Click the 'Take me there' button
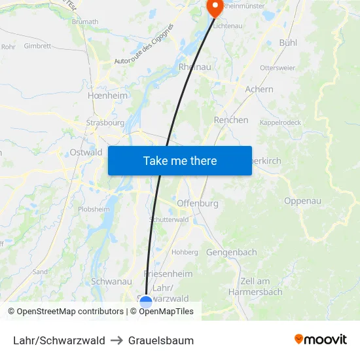[179, 160]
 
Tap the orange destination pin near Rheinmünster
[214, 7]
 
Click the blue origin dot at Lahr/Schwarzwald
[146, 302]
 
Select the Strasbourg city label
[105, 122]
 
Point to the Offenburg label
[198, 204]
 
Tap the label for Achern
[259, 89]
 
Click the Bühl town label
[288, 43]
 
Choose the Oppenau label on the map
[302, 201]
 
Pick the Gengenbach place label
[232, 252]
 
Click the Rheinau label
[194, 67]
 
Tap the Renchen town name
[231, 120]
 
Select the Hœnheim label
[107, 95]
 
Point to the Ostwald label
[86, 153]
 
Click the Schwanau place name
[111, 281]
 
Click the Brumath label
[85, 22]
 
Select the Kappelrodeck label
[281, 122]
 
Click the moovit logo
[321, 339]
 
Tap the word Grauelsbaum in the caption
[161, 340]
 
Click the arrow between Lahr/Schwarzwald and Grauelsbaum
[117, 340]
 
